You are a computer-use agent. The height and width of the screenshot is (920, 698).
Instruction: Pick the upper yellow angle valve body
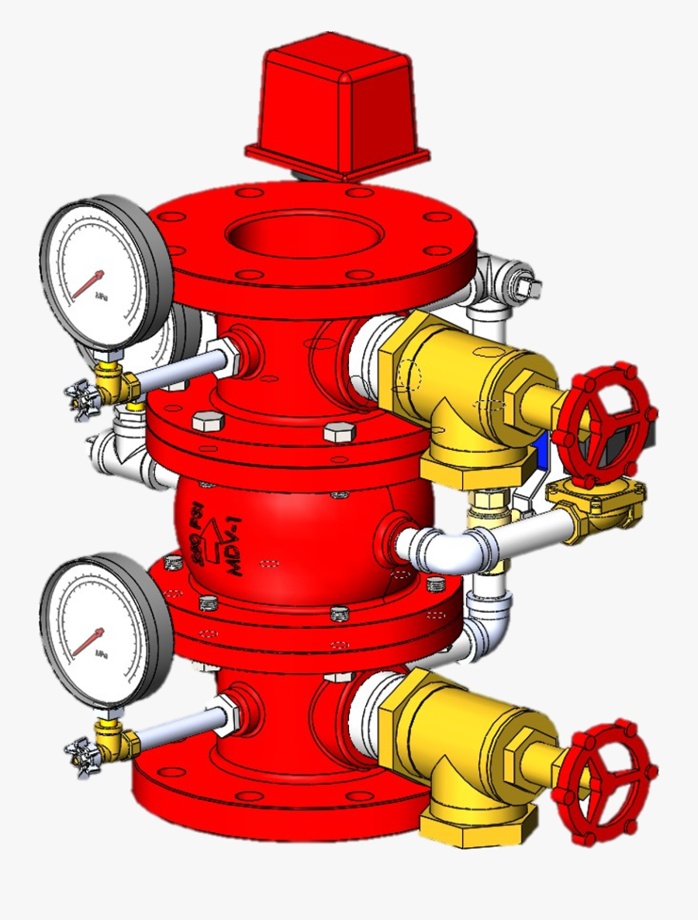coord(458,372)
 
